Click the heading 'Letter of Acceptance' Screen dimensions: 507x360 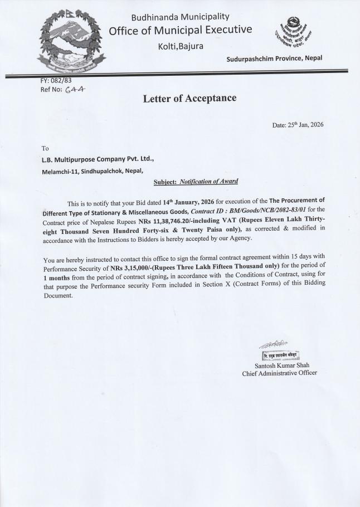coord(189,99)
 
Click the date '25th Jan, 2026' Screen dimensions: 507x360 coord(298,125)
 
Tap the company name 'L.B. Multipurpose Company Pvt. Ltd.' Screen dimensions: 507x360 coord(98,159)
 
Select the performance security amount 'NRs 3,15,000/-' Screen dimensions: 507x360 coord(138,268)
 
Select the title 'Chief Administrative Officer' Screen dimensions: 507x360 coord(279,373)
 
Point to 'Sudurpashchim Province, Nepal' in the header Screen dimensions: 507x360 coord(274,58)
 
